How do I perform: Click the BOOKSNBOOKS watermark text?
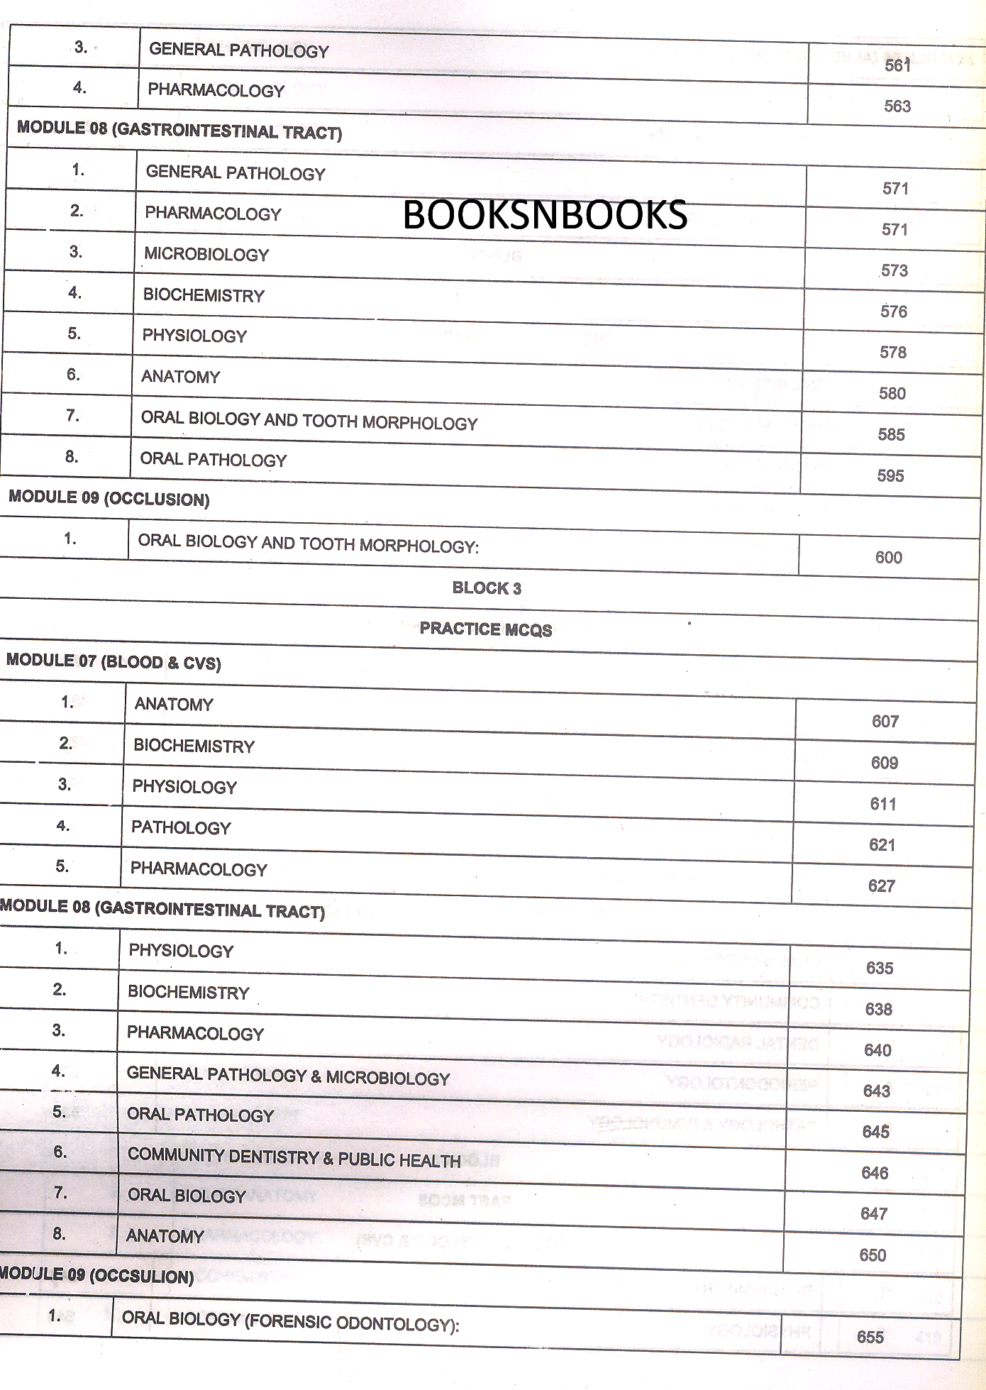point(545,215)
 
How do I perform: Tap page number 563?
point(897,106)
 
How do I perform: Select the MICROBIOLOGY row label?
point(206,255)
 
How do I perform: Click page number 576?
point(894,311)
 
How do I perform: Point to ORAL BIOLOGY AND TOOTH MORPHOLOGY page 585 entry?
point(309,421)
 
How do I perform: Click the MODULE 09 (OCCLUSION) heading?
point(109,498)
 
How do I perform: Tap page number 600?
point(888,558)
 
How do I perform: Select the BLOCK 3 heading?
point(487,588)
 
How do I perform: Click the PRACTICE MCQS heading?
point(486,629)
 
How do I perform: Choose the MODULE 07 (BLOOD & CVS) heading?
point(113,662)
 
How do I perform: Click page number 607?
point(885,722)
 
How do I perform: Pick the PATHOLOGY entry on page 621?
point(181,828)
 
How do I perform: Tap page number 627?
point(882,886)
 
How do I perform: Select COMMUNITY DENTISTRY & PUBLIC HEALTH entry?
point(294,1158)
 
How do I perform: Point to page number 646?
point(875,1174)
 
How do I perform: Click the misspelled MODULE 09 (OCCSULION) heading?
point(97,1275)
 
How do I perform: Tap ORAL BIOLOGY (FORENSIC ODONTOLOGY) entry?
point(290,1321)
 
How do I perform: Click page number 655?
point(870,1337)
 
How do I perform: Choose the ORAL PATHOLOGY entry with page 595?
point(214,460)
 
